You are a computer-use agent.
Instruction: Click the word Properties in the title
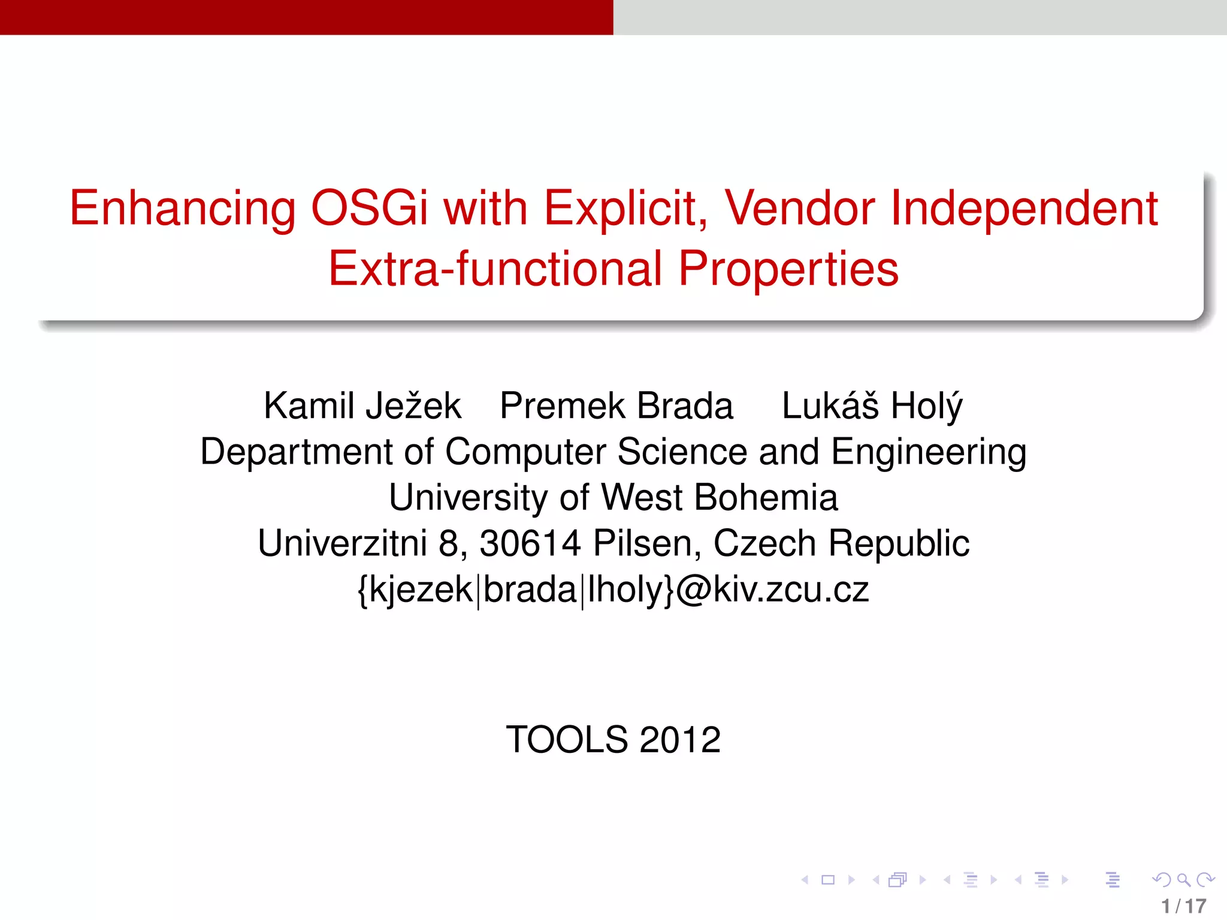pos(788,269)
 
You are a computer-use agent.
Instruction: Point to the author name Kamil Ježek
pos(362,406)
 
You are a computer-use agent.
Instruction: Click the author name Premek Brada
pos(616,406)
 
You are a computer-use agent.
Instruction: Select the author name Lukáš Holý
pos(872,406)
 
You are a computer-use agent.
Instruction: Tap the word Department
pos(296,452)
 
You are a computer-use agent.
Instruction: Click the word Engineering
pos(929,452)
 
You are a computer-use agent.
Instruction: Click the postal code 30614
pos(530,544)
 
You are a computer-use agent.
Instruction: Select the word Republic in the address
pos(899,544)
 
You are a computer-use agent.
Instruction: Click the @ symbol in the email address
pos(694,590)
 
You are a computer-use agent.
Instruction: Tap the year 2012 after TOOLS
pos(680,740)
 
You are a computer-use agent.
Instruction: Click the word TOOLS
pos(566,740)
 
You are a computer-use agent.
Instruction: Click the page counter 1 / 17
pos(1183,906)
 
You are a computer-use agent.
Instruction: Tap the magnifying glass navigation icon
pos(1183,880)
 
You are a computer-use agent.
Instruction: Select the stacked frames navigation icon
pos(897,880)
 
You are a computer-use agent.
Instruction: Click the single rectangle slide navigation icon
pos(828,880)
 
